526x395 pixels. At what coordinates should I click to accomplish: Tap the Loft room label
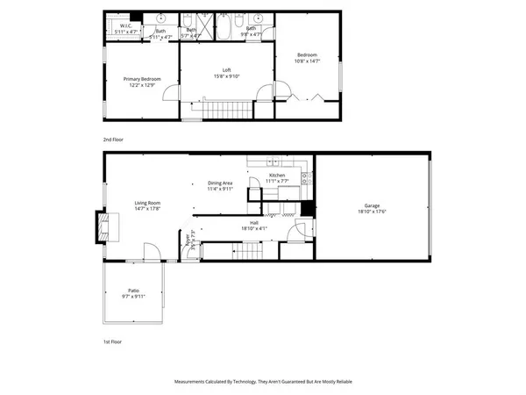225,70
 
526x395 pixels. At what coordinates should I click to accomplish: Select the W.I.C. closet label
125,26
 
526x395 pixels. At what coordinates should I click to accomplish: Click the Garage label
372,205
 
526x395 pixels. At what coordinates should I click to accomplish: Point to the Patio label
133,291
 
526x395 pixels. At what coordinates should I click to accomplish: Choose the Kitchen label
277,176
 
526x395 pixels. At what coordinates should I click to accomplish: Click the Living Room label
122,203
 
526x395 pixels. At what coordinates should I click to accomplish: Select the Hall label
254,223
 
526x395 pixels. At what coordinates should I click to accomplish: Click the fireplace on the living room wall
104,228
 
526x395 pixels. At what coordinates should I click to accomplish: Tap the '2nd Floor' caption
113,140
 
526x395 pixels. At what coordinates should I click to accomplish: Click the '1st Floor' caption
112,341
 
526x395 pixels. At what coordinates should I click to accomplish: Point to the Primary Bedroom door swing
173,92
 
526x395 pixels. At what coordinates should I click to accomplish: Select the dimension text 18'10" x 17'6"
372,212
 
